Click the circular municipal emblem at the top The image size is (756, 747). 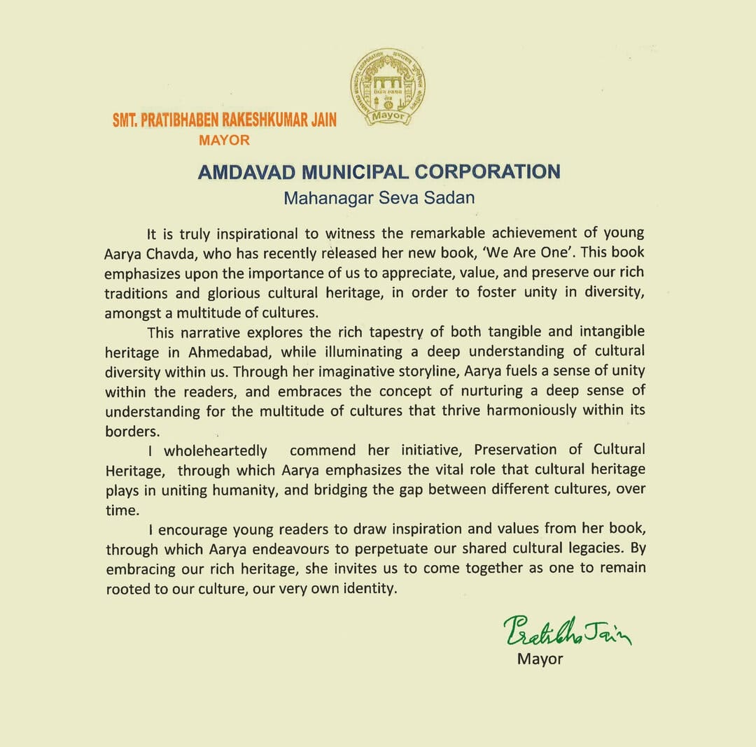387,87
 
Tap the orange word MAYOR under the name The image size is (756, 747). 224,140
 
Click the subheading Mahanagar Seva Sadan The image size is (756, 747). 379,198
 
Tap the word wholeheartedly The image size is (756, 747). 216,449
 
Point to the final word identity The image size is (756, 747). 369,589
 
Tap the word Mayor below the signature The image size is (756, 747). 540,658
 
